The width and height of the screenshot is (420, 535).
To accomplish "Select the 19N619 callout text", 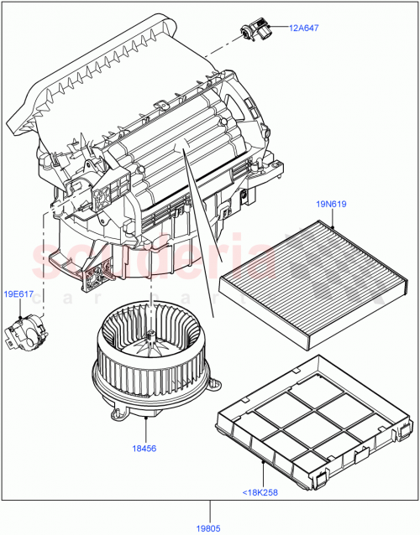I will click(x=331, y=204).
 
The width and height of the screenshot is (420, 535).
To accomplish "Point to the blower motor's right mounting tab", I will click(x=215, y=386).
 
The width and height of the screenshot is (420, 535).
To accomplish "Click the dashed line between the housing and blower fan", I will click(x=150, y=293).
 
